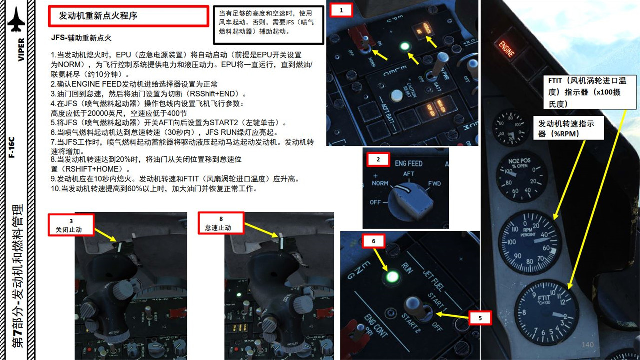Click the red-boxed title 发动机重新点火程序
tap(128, 16)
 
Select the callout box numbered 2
tap(378, 160)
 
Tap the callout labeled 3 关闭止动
tap(71, 224)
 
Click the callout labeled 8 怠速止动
tap(221, 223)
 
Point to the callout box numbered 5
tap(480, 318)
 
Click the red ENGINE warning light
tap(506, 48)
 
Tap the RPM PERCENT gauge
tap(530, 242)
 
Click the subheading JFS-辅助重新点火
tap(81, 38)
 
